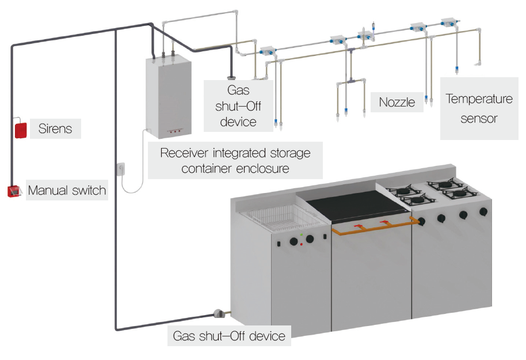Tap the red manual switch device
tap(14, 191)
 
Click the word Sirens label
tap(56, 128)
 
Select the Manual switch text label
tap(67, 190)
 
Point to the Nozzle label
tap(397, 103)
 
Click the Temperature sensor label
tap(479, 109)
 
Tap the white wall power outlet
tap(120, 168)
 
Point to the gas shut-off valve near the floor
tap(219, 314)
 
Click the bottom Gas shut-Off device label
tap(230, 335)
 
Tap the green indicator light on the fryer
tap(302, 236)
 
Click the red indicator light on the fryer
tap(302, 244)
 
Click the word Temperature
tap(479, 99)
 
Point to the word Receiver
tap(185, 153)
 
